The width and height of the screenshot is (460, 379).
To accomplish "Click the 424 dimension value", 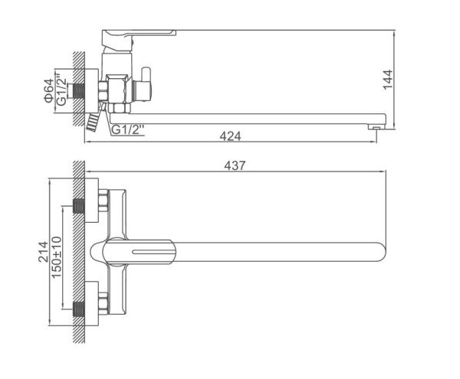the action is point(230,136).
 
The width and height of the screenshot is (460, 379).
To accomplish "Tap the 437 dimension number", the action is point(235,166).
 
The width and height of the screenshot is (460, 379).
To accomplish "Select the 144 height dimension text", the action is point(388,80).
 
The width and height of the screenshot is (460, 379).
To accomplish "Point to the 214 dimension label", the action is point(44,252).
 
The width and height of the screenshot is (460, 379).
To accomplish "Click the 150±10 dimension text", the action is point(56,257).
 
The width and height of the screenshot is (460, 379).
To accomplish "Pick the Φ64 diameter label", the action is point(49,90).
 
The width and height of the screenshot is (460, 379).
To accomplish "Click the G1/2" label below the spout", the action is point(129,129).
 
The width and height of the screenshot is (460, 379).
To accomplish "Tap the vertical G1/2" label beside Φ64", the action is point(61,90).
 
